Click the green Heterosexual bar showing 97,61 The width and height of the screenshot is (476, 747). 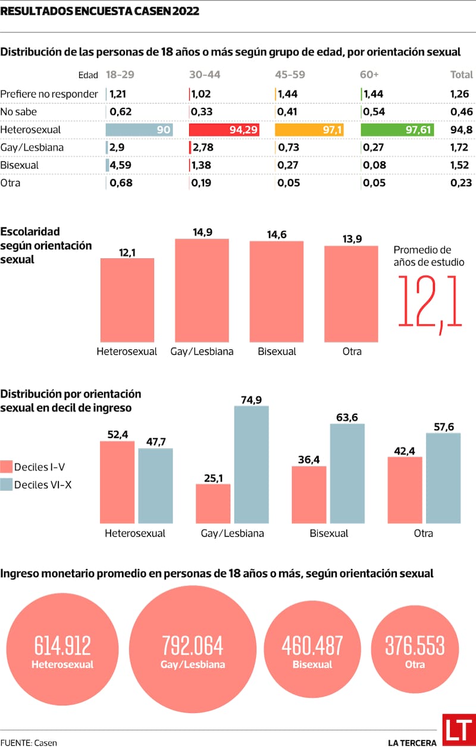[x=397, y=130]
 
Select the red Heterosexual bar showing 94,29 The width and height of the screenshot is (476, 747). [x=224, y=130]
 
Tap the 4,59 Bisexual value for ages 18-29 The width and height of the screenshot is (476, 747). [x=121, y=165]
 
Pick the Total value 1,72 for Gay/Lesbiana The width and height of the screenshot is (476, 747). [x=460, y=148]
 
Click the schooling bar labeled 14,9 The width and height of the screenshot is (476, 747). [x=202, y=290]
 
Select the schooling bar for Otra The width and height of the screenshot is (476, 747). [x=351, y=293]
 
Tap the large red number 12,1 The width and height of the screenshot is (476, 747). [x=430, y=301]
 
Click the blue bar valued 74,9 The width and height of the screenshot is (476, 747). [x=251, y=464]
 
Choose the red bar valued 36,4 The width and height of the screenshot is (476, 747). [x=309, y=494]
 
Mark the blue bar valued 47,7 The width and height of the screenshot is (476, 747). [x=155, y=485]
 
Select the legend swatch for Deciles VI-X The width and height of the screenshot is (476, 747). [x=7, y=485]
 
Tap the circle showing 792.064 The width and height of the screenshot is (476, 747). [x=192, y=649]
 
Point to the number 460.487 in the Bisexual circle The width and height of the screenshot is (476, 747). [x=312, y=646]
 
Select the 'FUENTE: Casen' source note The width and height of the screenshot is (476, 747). [x=24, y=742]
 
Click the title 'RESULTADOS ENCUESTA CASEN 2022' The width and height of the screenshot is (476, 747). [x=100, y=11]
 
